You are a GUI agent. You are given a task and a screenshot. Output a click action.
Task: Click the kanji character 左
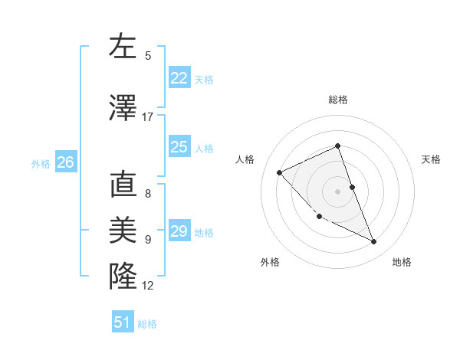pyautogui.click(x=123, y=47)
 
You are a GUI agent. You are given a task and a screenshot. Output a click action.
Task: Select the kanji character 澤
pyautogui.click(x=123, y=108)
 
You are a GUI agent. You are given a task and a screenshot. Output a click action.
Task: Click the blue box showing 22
pyautogui.click(x=179, y=78)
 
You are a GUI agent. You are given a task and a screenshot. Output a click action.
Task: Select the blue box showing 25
pyautogui.click(x=179, y=147)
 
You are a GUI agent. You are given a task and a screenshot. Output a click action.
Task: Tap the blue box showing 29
pyautogui.click(x=179, y=231)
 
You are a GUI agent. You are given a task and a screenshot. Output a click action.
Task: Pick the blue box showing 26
pyautogui.click(x=65, y=162)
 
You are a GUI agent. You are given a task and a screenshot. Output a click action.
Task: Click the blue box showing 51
pyautogui.click(x=123, y=322)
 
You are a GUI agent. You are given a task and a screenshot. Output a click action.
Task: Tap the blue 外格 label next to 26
pyautogui.click(x=41, y=163)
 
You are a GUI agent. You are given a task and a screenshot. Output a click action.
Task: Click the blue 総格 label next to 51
pyautogui.click(x=147, y=324)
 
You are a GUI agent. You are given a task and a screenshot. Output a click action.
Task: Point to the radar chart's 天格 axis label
pyautogui.click(x=431, y=159)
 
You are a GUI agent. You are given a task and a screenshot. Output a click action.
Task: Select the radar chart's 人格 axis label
pyautogui.click(x=245, y=159)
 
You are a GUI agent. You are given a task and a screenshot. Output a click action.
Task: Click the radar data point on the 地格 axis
pyautogui.click(x=374, y=242)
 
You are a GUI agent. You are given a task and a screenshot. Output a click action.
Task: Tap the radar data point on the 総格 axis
pyautogui.click(x=337, y=146)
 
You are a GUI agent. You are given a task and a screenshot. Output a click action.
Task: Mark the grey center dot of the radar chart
pyautogui.click(x=337, y=191)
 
